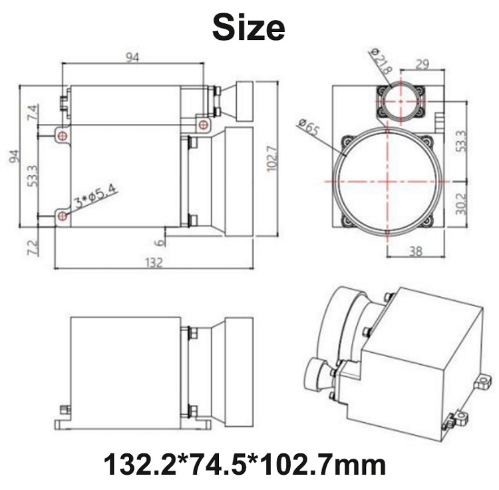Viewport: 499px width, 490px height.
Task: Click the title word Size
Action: pyautogui.click(x=249, y=27)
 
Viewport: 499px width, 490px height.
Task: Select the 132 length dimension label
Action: pyautogui.click(x=154, y=262)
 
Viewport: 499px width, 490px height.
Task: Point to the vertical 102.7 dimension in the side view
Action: pyautogui.click(x=273, y=158)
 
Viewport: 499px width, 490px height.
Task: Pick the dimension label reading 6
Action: pyautogui.click(x=161, y=242)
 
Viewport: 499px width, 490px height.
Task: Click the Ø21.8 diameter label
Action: pyautogui.click(x=381, y=61)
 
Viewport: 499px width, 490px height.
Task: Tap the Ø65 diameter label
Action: pyautogui.click(x=308, y=126)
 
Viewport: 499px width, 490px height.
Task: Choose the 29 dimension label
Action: pyautogui.click(x=422, y=64)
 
